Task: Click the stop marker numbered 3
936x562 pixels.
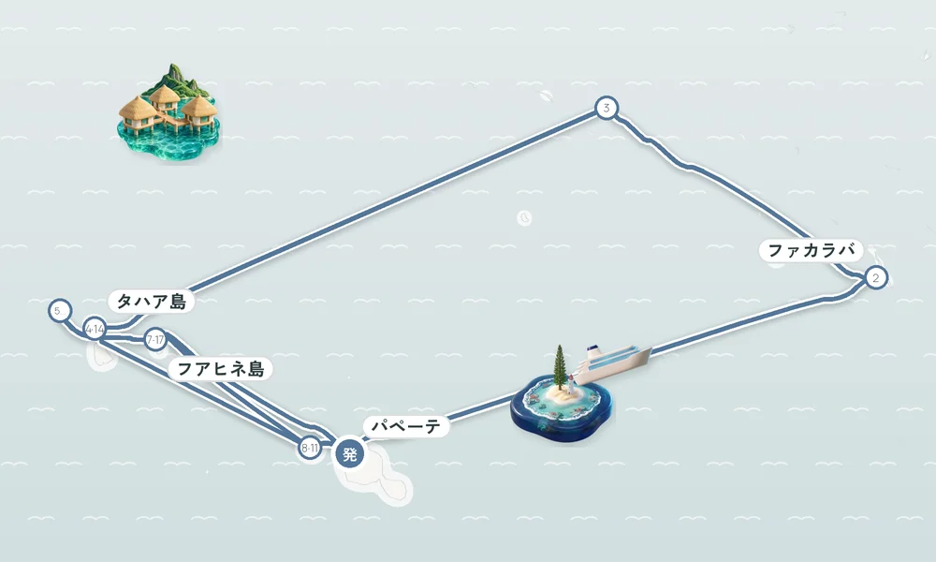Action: (x=607, y=109)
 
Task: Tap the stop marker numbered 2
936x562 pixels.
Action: (x=876, y=277)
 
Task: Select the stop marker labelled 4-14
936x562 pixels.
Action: (x=95, y=329)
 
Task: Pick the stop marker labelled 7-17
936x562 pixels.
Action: (x=155, y=340)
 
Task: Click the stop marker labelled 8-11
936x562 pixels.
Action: (x=309, y=448)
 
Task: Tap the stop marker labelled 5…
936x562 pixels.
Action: (x=60, y=311)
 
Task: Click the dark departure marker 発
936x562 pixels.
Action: (x=350, y=454)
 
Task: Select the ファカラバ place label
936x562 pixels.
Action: (x=812, y=250)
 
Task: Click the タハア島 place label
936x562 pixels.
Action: (x=152, y=301)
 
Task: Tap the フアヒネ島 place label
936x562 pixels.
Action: (x=221, y=368)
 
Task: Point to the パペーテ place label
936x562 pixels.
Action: (x=406, y=426)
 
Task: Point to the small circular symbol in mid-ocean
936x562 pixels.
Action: (x=524, y=218)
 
